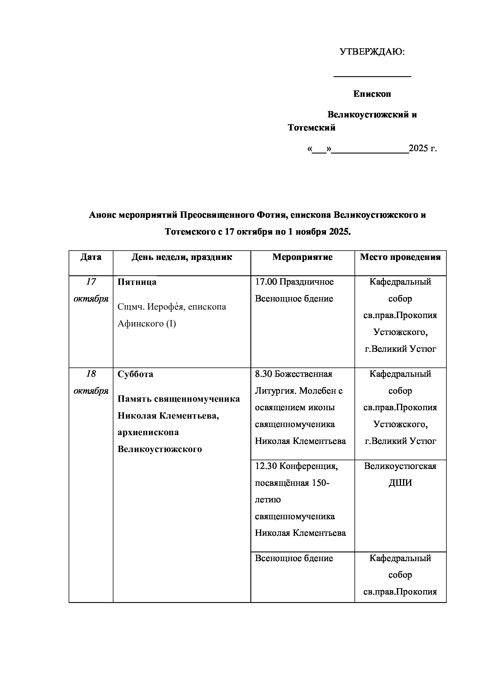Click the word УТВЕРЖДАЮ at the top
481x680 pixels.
[371, 52]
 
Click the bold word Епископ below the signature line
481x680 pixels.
[372, 94]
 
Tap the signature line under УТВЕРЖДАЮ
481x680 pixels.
[372, 76]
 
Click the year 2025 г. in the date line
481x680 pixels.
[423, 148]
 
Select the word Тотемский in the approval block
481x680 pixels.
[311, 128]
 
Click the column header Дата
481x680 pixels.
[91, 257]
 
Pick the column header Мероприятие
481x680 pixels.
[302, 257]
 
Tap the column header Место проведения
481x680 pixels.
[400, 257]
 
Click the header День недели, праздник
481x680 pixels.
[182, 257]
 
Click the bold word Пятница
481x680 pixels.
[137, 282]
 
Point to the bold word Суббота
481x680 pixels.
[135, 374]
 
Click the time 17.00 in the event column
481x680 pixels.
[266, 282]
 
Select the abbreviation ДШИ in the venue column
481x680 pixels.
[400, 483]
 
